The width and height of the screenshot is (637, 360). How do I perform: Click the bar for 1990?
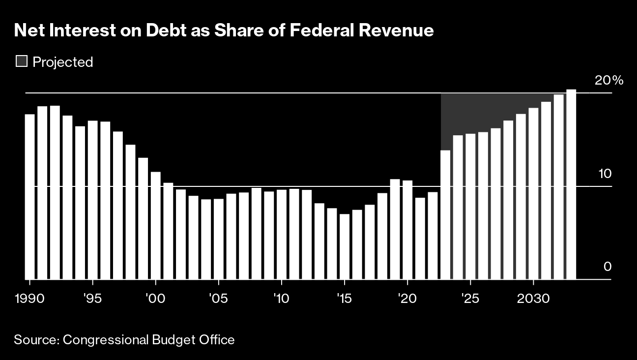pyautogui.click(x=30, y=197)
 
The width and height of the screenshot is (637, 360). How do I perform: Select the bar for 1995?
pyautogui.click(x=93, y=200)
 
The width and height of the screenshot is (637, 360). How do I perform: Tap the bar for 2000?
pyautogui.click(x=156, y=226)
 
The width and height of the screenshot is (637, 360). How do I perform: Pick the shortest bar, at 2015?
pyautogui.click(x=345, y=247)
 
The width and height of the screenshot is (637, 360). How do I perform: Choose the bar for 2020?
pyautogui.click(x=407, y=230)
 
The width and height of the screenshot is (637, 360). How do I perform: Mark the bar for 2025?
pyautogui.click(x=470, y=207)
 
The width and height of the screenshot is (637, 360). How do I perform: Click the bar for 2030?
pyautogui.click(x=533, y=193)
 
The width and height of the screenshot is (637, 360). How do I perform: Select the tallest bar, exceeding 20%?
pyautogui.click(x=571, y=184)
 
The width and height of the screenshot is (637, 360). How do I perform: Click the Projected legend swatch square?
pyautogui.click(x=22, y=61)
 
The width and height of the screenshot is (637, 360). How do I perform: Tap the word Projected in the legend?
pyautogui.click(x=63, y=62)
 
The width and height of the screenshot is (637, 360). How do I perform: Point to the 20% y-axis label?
pyautogui.click(x=609, y=81)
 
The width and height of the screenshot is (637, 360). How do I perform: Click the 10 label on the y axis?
pyautogui.click(x=605, y=174)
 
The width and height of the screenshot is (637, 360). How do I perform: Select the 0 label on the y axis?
pyautogui.click(x=608, y=267)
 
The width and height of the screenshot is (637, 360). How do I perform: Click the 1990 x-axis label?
pyautogui.click(x=29, y=299)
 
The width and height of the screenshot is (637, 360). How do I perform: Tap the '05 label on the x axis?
pyautogui.click(x=218, y=299)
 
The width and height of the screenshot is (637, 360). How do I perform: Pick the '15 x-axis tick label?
pyautogui.click(x=345, y=299)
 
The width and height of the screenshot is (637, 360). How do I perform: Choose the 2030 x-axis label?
pyautogui.click(x=533, y=299)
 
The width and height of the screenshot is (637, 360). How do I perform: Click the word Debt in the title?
pyautogui.click(x=166, y=30)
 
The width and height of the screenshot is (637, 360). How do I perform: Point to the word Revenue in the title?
pyautogui.click(x=396, y=30)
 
